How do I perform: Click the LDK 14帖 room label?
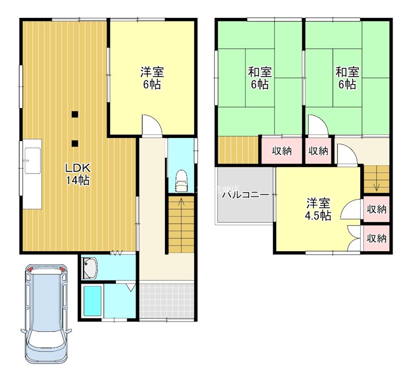pos(77,173)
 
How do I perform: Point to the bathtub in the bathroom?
pos(93,302)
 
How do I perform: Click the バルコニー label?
pos(245,195)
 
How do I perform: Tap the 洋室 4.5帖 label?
pos(318,209)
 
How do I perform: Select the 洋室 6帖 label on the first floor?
pos(152,77)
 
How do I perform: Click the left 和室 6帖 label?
pos(260,77)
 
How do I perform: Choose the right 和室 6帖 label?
pos(347,77)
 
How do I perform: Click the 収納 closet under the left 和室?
pos(281,151)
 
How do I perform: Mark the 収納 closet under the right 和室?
pos(318,151)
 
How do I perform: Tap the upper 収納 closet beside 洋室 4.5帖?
pos(377,209)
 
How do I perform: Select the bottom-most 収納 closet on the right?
pos(377,238)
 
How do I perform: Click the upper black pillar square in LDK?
pos(75,114)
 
